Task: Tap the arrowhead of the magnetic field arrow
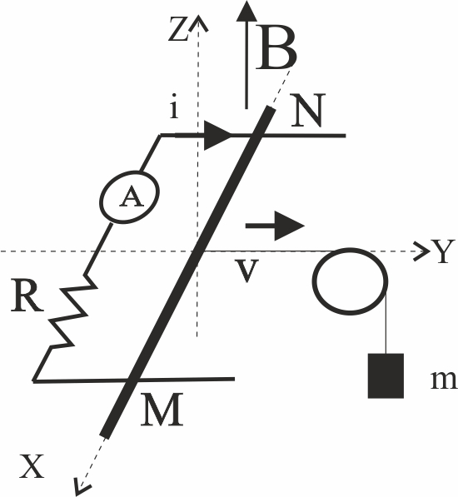246,11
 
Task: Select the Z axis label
178,29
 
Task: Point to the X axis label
32,466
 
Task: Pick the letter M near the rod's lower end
162,409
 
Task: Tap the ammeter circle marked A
130,197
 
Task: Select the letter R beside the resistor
27,296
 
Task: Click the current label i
173,107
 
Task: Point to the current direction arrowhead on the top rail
218,136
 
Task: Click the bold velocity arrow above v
275,226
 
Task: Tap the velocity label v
246,271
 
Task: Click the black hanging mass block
386,375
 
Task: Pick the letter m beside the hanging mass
444,380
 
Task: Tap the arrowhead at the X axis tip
81,488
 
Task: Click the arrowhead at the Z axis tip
199,22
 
